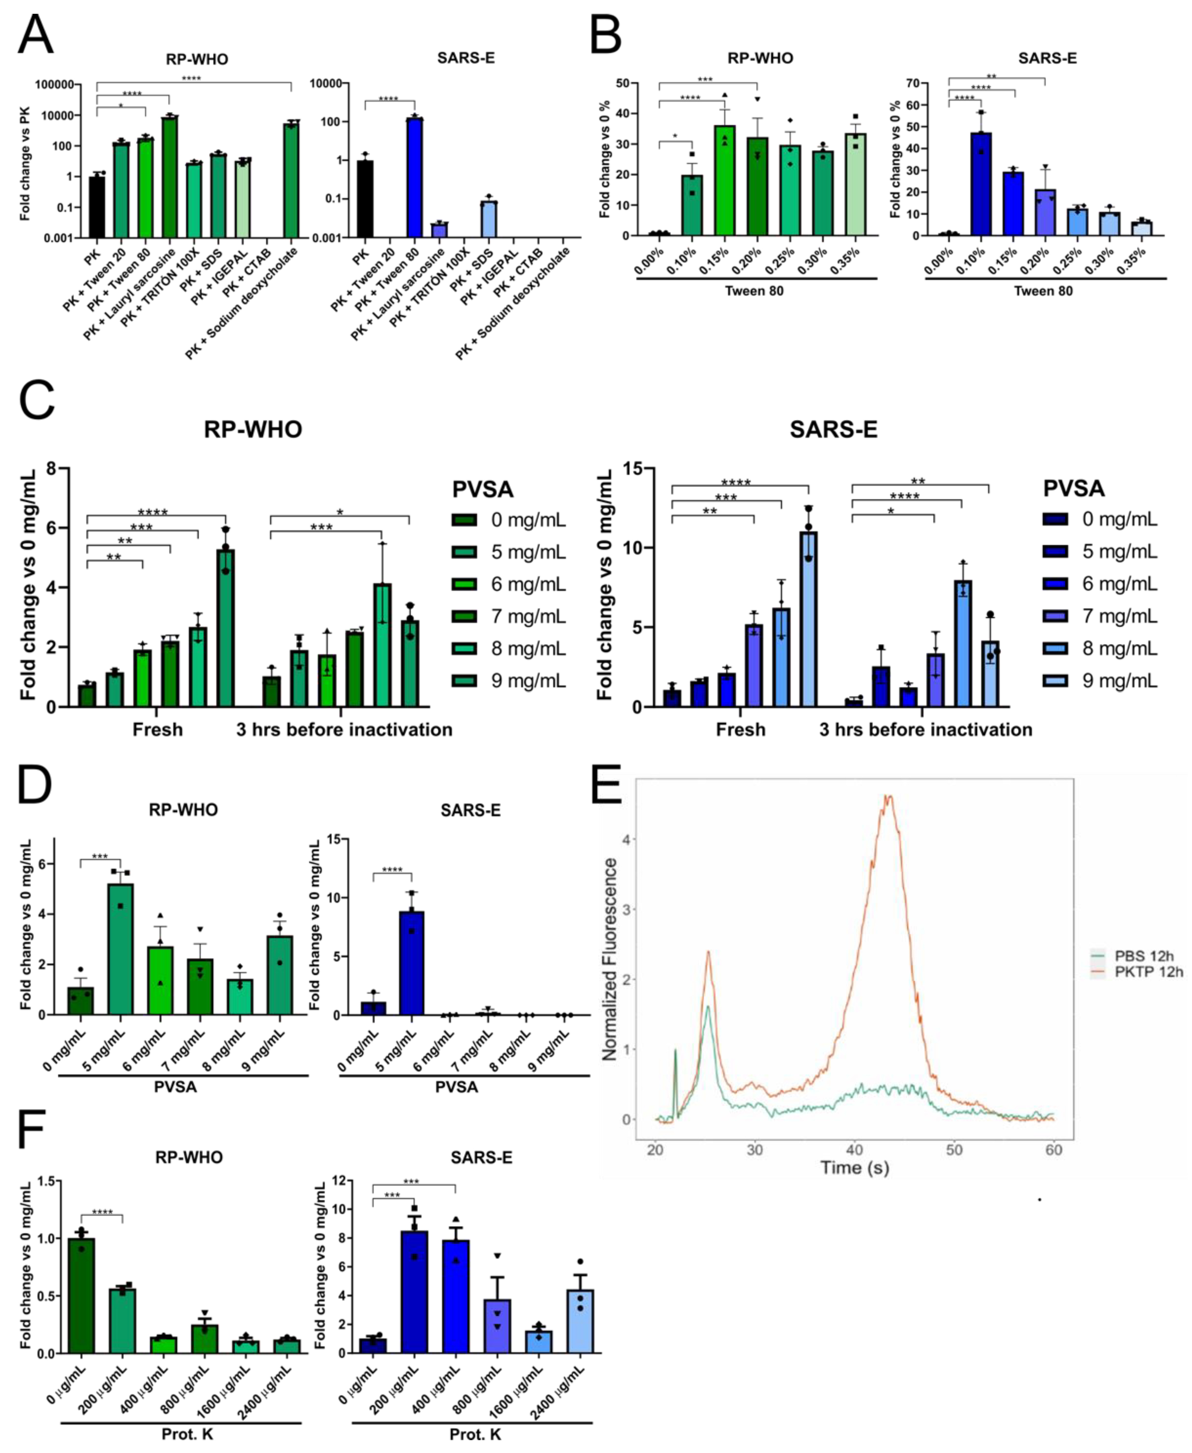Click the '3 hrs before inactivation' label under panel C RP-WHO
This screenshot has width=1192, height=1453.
point(344,730)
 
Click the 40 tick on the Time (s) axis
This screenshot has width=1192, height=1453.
point(854,1150)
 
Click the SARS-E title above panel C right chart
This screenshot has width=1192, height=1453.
point(833,430)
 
